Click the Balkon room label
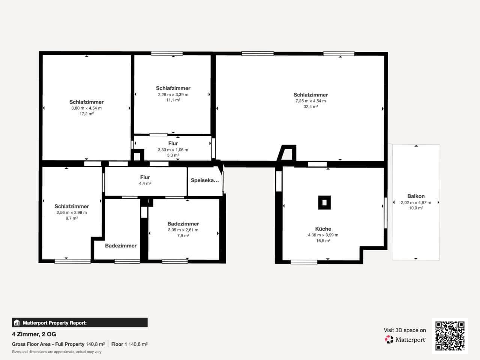click(416, 196)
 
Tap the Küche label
click(323, 229)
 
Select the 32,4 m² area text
click(310, 106)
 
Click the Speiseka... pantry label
click(205, 180)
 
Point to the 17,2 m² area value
click(86, 114)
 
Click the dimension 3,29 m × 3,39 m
click(173, 94)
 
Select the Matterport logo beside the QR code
click(405, 339)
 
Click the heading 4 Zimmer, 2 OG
click(34, 334)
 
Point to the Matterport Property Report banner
click(79, 322)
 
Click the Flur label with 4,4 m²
click(145, 177)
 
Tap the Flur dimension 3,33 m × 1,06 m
click(173, 150)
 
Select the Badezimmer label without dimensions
click(121, 246)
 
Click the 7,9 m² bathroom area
click(183, 235)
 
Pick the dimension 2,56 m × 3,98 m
click(72, 212)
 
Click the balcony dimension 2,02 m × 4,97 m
click(416, 202)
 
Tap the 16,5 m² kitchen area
click(323, 241)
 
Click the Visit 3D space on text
click(405, 330)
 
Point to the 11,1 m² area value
click(173, 100)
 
